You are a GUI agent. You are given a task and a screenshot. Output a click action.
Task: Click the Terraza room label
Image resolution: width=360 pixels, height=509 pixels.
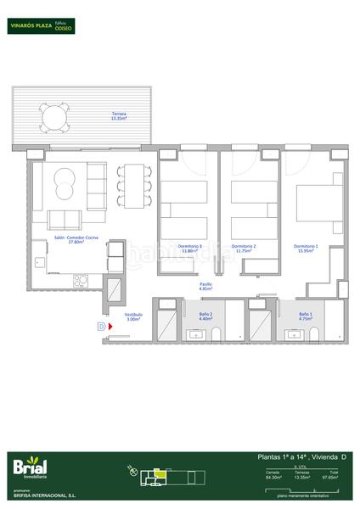tap(118, 116)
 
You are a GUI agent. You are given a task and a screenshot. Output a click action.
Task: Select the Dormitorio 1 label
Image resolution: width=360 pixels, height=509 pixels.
tap(306, 249)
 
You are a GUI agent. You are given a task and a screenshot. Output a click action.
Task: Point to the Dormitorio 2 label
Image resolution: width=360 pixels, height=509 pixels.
tap(245, 249)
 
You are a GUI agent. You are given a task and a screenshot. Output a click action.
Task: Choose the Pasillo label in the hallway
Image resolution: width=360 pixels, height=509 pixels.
tap(205, 287)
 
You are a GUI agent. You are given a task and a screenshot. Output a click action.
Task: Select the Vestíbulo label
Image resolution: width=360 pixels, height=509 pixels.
tap(133, 317)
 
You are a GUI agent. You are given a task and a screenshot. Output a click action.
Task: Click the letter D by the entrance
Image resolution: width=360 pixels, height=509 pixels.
tap(101, 325)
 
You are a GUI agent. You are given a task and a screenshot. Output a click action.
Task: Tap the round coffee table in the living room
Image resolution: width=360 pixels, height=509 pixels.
tap(65, 180)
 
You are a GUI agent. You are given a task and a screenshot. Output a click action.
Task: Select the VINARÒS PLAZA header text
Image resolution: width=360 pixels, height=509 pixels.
tap(30, 26)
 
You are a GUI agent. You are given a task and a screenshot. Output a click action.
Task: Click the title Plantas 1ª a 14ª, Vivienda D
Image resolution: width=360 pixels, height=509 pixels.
tap(301, 458)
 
